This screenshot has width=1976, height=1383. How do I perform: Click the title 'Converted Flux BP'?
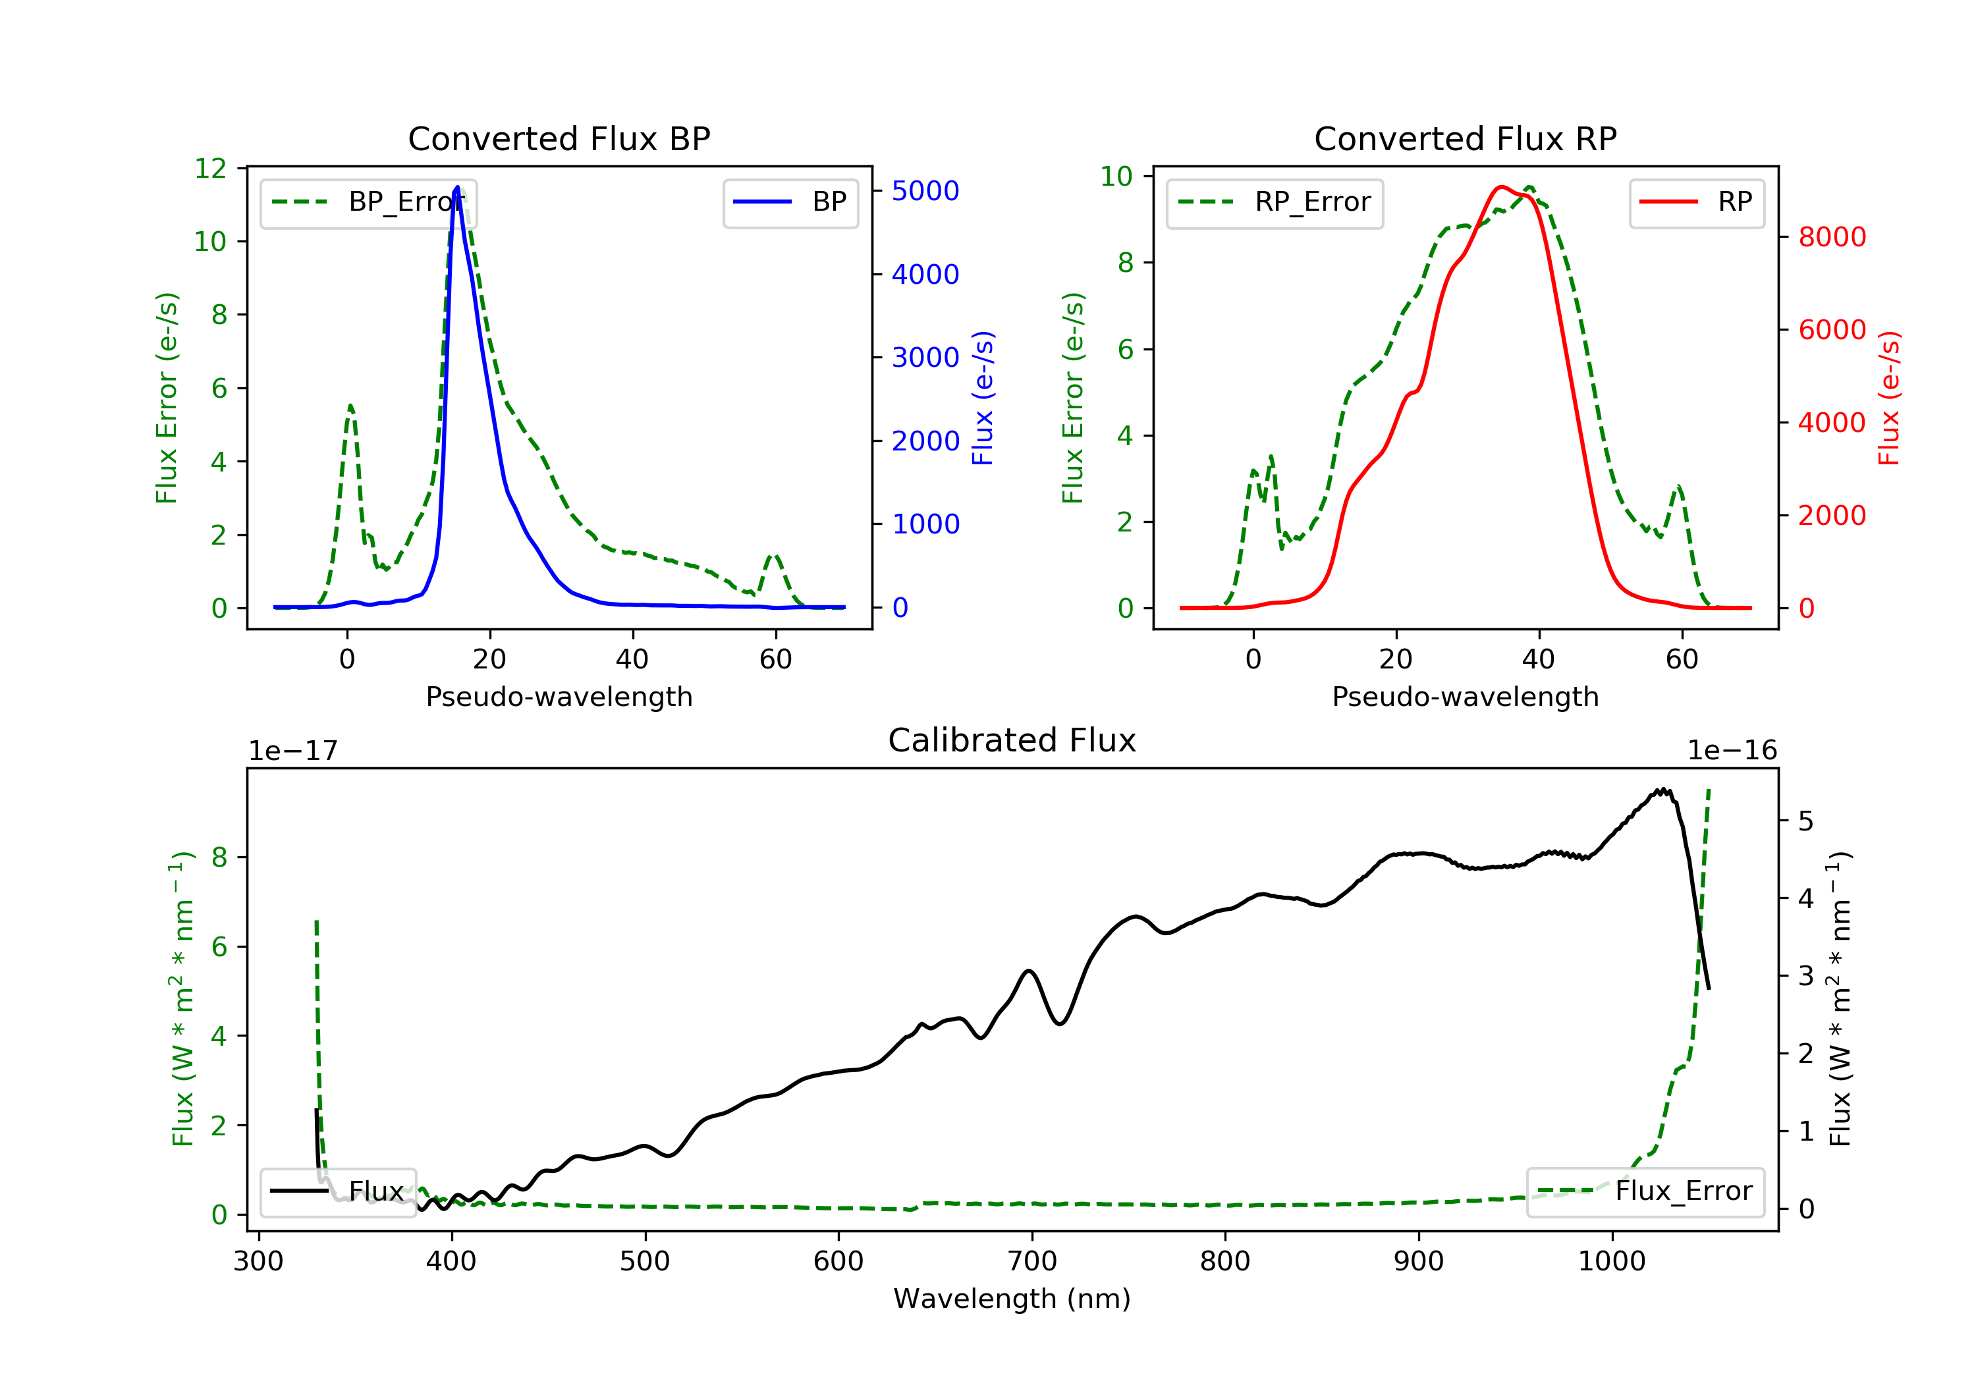point(559,138)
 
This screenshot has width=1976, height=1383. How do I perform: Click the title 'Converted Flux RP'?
point(1465,138)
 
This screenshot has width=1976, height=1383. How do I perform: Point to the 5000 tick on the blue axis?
point(925,191)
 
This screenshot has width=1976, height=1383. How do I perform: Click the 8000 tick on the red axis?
point(1831,236)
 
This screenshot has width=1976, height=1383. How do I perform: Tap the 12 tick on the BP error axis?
point(210,169)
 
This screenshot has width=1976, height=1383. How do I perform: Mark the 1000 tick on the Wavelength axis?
point(1611,1262)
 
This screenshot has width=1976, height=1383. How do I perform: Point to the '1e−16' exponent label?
point(1732,751)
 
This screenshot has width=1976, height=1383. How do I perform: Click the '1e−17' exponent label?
point(292,751)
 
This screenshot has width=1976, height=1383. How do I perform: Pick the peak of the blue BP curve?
point(457,187)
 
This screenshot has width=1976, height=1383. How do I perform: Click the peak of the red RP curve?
point(1501,187)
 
